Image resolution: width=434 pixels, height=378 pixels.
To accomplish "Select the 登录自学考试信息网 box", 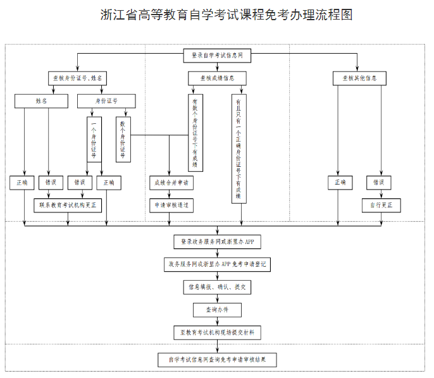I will [x=217, y=56].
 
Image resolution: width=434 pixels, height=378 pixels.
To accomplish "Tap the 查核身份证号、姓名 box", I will [x=77, y=78].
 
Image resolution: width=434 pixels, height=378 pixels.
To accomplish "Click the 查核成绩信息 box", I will [x=217, y=78].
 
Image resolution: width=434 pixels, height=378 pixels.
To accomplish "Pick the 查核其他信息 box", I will [x=359, y=78].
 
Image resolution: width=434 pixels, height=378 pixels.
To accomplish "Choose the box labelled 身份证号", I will [x=106, y=101].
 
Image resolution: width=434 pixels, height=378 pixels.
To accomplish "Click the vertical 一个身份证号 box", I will [x=94, y=139].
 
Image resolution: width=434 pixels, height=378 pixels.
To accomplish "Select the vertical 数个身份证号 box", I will [x=123, y=139].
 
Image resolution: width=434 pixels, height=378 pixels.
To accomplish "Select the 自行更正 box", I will [x=381, y=205].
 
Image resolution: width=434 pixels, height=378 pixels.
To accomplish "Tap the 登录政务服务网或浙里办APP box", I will [x=217, y=241].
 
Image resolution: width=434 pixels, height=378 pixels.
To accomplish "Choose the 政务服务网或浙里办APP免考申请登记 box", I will [x=217, y=264].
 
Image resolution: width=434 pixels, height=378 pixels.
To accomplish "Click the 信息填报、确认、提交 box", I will [x=217, y=287].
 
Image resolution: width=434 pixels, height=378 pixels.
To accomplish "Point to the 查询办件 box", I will [x=217, y=310].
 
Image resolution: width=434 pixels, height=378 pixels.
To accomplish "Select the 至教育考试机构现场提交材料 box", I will [x=217, y=332].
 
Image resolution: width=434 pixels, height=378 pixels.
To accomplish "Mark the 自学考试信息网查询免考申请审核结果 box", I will [x=217, y=360].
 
